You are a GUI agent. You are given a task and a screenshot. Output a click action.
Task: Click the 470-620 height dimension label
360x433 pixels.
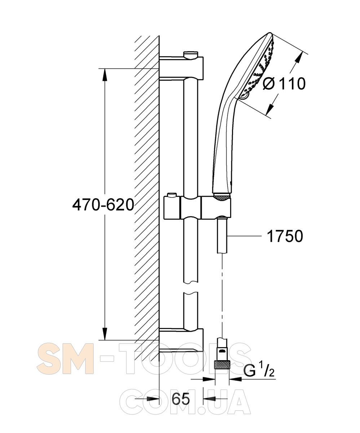click(x=103, y=205)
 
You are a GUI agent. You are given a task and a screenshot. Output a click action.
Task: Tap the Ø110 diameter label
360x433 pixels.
click(x=284, y=83)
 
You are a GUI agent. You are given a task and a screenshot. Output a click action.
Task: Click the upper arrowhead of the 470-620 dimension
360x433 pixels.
click(x=105, y=75)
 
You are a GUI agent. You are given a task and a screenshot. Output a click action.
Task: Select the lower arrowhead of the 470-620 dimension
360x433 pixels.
click(x=105, y=333)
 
